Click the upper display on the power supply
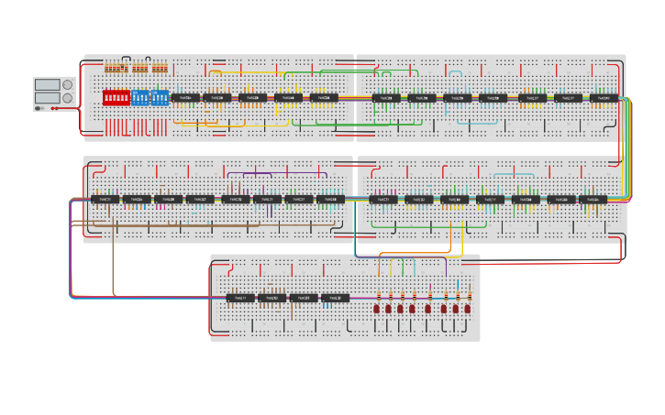tap(47, 84)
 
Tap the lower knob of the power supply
tap(67, 98)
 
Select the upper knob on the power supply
tap(67, 84)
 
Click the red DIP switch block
tap(116, 97)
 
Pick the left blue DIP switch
tap(139, 97)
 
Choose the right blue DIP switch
tap(159, 97)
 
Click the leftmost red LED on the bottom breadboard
tap(377, 309)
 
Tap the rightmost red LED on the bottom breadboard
tap(470, 309)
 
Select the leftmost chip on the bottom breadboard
tap(240, 298)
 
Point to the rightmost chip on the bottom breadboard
tap(335, 298)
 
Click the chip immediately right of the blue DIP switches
tap(184, 97)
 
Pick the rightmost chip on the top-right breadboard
tap(603, 98)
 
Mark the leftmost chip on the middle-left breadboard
tap(104, 199)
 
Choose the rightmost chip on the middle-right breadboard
tap(593, 199)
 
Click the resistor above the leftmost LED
tap(378, 295)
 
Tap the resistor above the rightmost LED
tap(470, 295)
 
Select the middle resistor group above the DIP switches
tap(139, 68)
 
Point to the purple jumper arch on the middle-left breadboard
tap(275, 171)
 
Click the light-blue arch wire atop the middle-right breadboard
tap(514, 174)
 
